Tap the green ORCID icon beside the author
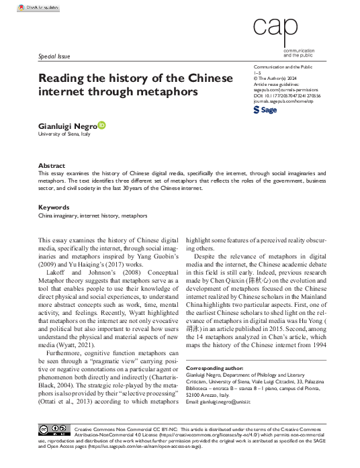(x=102, y=126)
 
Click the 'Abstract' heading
(x=51, y=165)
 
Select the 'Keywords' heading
(x=54, y=207)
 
